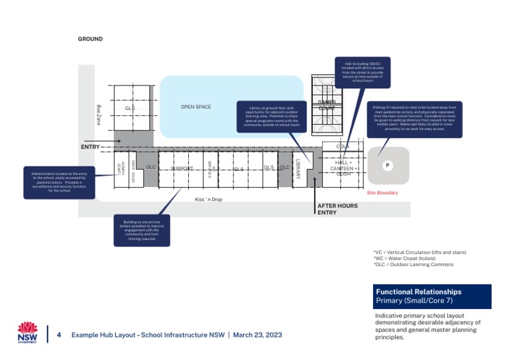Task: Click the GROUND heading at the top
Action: (90, 39)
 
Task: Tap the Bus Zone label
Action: (98, 113)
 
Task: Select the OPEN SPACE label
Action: (196, 107)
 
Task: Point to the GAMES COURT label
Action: (327, 105)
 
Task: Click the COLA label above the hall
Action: (343, 147)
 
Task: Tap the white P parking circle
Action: (387, 165)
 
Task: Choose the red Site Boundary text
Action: (382, 193)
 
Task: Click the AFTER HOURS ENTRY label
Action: (337, 210)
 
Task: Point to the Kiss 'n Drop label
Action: (208, 199)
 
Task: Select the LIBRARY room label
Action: (298, 168)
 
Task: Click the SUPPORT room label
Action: (182, 168)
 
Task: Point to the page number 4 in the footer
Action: (59, 335)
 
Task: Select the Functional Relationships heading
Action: (418, 292)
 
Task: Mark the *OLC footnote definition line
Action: (414, 265)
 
